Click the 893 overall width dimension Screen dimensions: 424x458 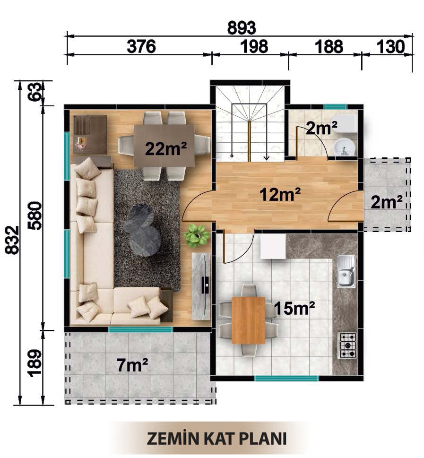point(242,28)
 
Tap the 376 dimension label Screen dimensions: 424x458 point(141,47)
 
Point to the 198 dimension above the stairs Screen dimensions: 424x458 point(254,47)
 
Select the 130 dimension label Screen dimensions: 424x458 point(391,47)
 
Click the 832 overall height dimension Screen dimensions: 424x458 point(12,240)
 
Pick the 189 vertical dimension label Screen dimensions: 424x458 point(35,363)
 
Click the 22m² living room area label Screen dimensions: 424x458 point(166,148)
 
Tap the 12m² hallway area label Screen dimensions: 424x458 point(280,194)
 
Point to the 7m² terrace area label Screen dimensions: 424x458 point(132,365)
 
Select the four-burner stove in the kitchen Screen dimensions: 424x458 point(347,346)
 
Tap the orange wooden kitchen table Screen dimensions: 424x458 point(248,320)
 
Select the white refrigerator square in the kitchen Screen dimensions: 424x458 point(273,247)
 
